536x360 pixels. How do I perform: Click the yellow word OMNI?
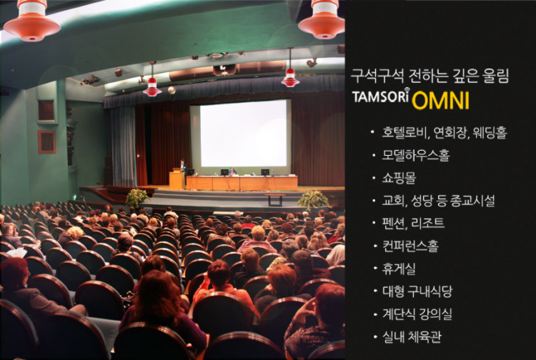pyautogui.click(x=440, y=101)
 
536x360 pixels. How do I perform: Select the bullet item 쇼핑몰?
pyautogui.click(x=399, y=178)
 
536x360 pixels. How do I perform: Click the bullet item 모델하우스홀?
pyautogui.click(x=416, y=155)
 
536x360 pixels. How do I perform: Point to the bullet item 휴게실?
pyautogui.click(x=399, y=269)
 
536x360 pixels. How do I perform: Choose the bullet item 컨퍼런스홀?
pyautogui.click(x=410, y=246)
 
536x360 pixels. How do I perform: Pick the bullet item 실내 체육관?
pyautogui.click(x=412, y=336)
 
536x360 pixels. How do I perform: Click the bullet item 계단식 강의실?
pyautogui.click(x=417, y=314)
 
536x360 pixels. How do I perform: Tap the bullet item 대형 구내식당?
pyautogui.click(x=417, y=291)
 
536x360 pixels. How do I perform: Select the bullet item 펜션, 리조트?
pyautogui.click(x=413, y=224)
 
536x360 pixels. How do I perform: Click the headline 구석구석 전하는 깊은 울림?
pyautogui.click(x=430, y=76)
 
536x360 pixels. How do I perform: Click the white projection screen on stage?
pyautogui.click(x=244, y=133)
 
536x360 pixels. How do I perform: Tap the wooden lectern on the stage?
pyautogui.click(x=177, y=179)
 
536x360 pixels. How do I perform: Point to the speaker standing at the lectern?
pyautogui.click(x=183, y=166)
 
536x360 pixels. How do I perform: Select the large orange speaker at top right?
pyautogui.click(x=322, y=19)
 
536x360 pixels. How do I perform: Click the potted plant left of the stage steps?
pyautogui.click(x=137, y=197)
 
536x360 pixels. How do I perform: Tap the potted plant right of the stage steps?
pyautogui.click(x=313, y=199)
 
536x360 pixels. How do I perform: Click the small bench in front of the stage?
pyautogui.click(x=275, y=199)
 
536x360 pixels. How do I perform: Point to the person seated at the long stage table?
pyautogui.click(x=233, y=172)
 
